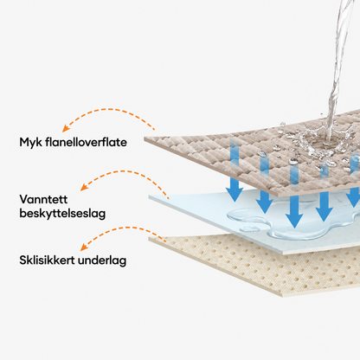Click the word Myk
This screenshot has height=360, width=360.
point(30,142)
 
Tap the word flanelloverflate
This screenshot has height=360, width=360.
point(86,142)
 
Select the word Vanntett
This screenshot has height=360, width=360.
point(43,199)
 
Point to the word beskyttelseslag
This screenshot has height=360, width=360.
point(62,214)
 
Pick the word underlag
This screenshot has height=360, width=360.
point(102,260)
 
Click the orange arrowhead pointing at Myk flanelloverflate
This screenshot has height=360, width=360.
point(67,128)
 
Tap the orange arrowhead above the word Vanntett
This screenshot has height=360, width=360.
point(84,187)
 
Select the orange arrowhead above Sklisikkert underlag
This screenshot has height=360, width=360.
point(84,247)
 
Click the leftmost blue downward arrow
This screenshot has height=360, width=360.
point(235,170)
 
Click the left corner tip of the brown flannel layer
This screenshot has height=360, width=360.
point(145,138)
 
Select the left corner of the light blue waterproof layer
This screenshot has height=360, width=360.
point(150,196)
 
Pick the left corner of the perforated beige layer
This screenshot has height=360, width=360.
point(149,238)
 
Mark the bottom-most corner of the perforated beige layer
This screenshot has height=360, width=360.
point(282,296)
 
